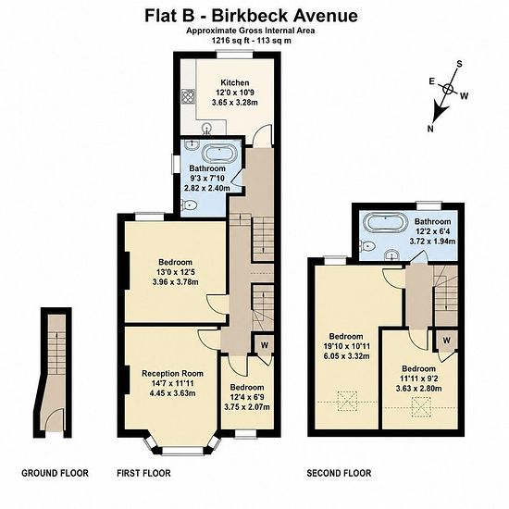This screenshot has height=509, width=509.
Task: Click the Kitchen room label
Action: [x=235, y=82]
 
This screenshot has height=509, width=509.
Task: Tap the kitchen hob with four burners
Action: [x=189, y=96]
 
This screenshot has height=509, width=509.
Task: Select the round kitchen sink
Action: [x=206, y=129]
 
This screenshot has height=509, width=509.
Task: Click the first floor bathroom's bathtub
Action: [x=219, y=153]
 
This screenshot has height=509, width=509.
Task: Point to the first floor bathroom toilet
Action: [x=189, y=205]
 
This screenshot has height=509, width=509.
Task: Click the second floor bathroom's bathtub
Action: [x=385, y=223]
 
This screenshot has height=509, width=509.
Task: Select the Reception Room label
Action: [x=172, y=373]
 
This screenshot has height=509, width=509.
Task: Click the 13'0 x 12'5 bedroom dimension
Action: [x=175, y=272]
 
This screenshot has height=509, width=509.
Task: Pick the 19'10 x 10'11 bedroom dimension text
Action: [x=346, y=346]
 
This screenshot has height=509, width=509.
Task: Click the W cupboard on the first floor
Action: [x=265, y=345]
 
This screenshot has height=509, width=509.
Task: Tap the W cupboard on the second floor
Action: [x=446, y=341]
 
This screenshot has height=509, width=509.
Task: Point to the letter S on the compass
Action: [x=459, y=64]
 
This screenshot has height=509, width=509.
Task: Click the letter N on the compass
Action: [x=430, y=129]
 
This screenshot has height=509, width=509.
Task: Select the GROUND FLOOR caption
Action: [x=55, y=473]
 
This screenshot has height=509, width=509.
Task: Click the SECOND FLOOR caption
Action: [x=339, y=473]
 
